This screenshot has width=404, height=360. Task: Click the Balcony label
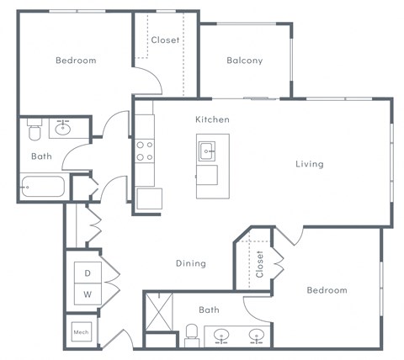coord(244,61)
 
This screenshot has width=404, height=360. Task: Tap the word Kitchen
coord(212,120)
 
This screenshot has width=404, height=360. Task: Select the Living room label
coord(309,164)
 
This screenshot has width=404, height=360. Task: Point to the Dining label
coord(191,263)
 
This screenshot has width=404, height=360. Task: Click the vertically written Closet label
coord(260,263)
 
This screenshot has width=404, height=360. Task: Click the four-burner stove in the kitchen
coord(145,151)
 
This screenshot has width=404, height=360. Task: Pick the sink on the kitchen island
coord(207,151)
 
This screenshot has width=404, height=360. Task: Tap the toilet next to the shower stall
coord(191,333)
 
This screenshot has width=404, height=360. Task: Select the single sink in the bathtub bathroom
coord(63,128)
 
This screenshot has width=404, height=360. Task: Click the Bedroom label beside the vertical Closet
coord(327,290)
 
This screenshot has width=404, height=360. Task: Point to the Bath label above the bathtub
coord(41,156)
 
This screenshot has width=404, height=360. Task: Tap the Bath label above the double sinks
coord(208,310)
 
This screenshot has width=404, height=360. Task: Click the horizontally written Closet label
coord(165,40)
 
